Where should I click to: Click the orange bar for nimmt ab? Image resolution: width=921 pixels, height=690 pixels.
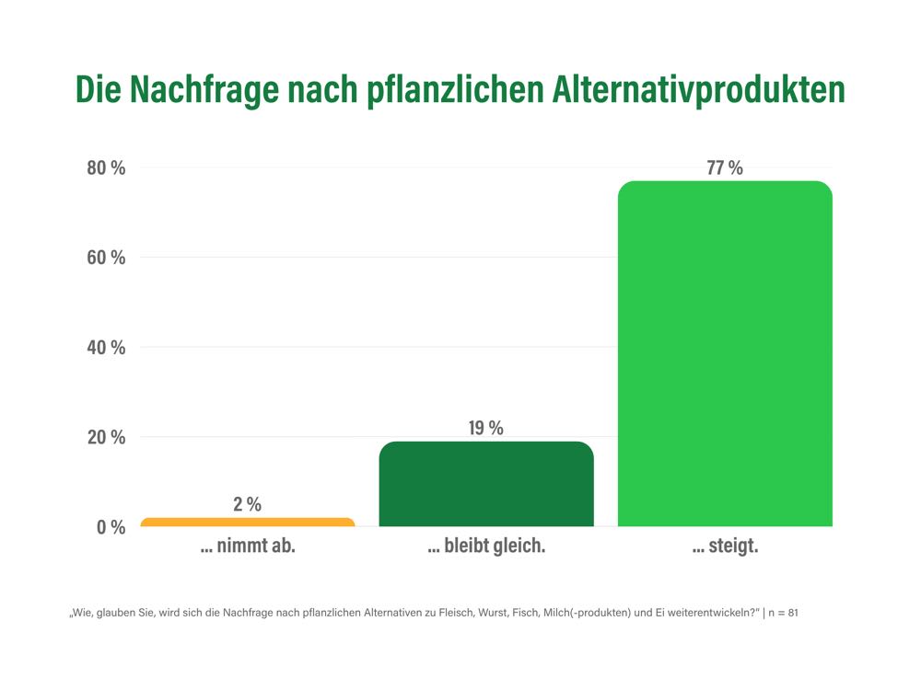247,523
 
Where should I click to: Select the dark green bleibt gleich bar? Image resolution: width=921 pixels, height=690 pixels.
486,484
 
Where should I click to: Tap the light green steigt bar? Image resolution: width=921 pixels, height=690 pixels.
725,354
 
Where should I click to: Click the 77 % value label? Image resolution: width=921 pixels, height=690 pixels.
725,167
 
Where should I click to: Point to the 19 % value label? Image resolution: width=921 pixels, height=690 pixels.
486,428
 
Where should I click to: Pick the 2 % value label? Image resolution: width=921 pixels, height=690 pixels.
247,504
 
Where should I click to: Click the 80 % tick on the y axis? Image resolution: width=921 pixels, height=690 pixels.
106,167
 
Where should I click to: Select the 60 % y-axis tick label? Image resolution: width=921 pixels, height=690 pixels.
106,258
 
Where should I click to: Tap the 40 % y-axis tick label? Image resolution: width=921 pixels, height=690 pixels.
106,348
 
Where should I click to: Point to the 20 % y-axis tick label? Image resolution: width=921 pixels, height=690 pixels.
106,437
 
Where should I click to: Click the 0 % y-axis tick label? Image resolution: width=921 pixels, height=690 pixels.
111,527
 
